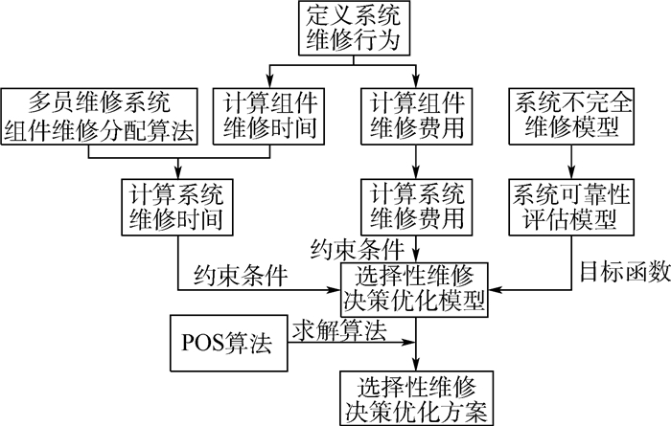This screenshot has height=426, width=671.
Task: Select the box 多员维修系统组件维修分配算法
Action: coord(101,116)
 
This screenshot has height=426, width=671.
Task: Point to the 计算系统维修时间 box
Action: coord(177,206)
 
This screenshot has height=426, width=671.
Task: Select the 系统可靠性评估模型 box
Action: coord(569,206)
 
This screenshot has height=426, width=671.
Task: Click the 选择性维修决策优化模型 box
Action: coord(415,289)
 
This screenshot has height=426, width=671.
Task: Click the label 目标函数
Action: coord(624,272)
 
